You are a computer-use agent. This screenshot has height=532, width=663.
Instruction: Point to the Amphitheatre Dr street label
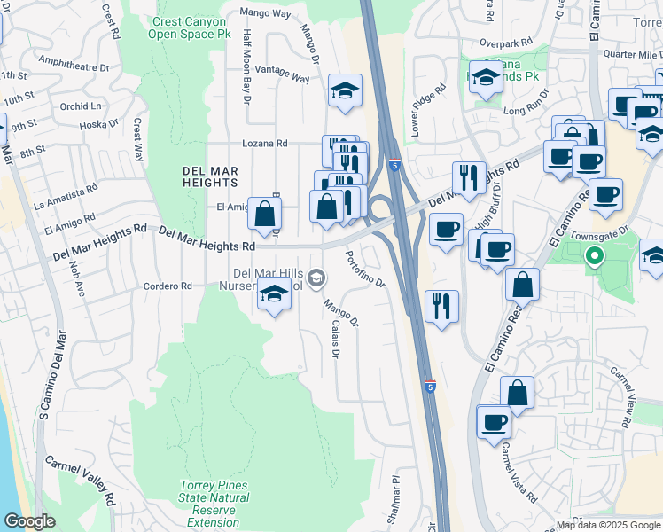click(74, 63)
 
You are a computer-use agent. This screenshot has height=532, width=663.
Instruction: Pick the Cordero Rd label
click(168, 286)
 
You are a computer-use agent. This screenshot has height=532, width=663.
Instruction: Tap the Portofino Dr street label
click(364, 269)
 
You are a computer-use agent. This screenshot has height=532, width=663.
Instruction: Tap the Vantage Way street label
click(282, 74)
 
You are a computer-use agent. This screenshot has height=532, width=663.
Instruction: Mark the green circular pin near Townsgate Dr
click(595, 258)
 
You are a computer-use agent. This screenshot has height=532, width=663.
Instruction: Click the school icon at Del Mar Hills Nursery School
click(275, 295)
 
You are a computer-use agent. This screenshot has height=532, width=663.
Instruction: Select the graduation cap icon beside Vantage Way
click(345, 90)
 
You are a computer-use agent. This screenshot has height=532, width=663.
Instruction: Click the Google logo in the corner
click(30, 521)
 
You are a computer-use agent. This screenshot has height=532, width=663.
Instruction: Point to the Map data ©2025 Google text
click(608, 525)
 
